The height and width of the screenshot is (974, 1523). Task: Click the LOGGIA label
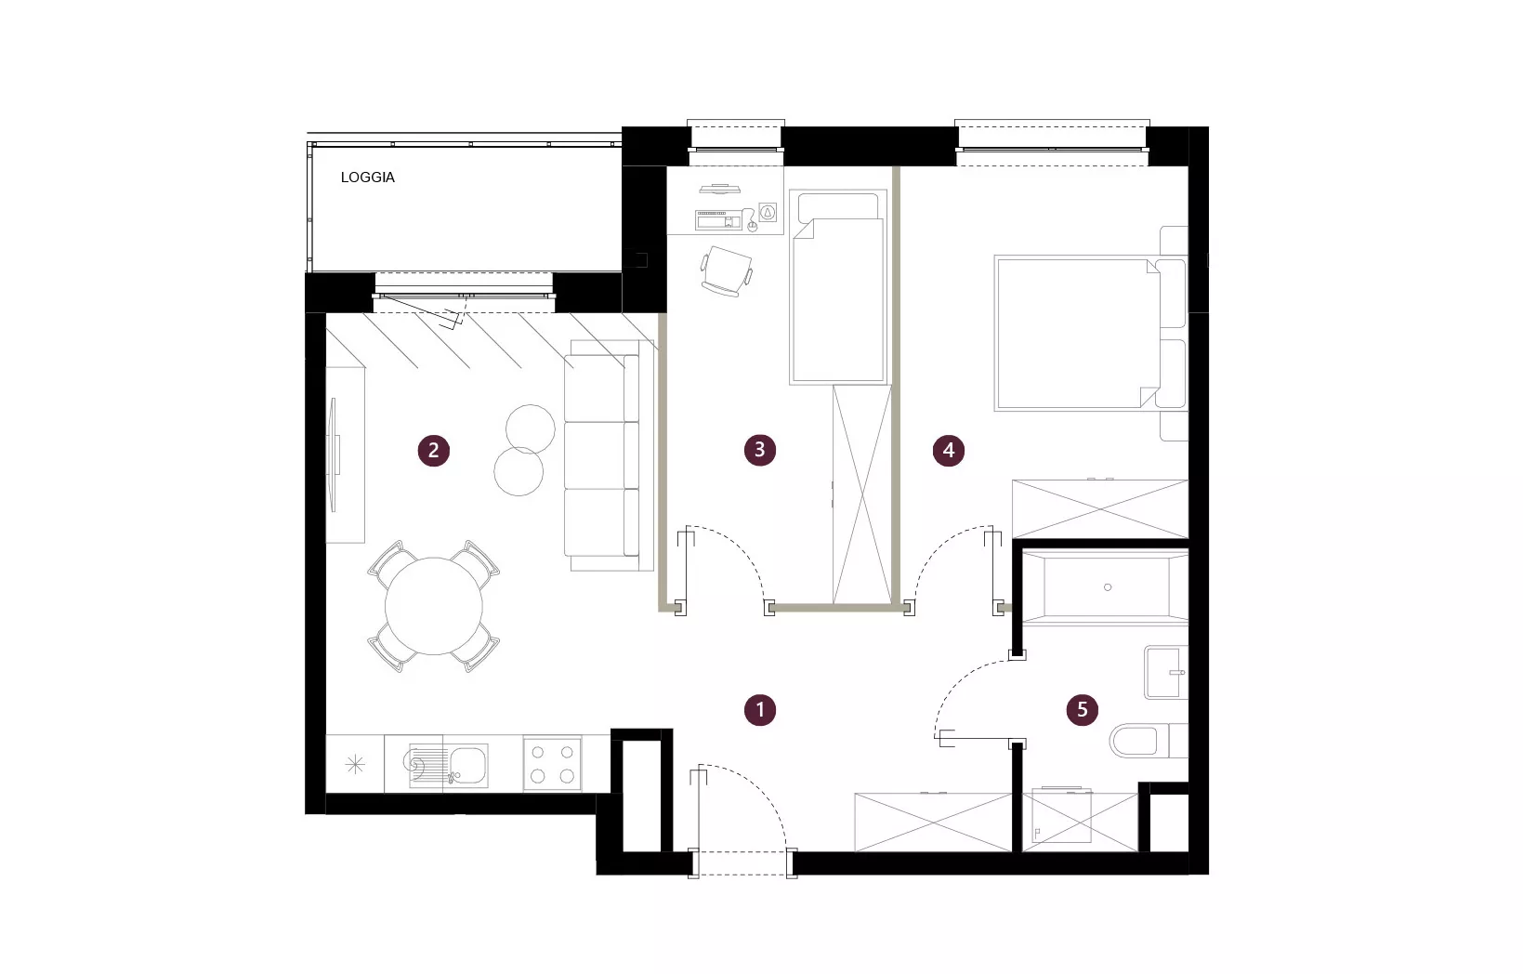tap(367, 178)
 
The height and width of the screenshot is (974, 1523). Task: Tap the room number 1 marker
tap(760, 710)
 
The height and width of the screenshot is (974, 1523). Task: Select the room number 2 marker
tap(434, 450)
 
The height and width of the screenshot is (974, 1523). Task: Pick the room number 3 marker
tap(760, 450)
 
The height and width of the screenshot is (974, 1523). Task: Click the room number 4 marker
tap(949, 450)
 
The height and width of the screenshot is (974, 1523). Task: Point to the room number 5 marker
tap(1083, 710)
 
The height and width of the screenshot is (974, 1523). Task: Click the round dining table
tap(434, 606)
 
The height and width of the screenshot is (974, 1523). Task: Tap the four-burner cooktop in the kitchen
tap(552, 765)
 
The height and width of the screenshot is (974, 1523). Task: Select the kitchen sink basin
tap(467, 765)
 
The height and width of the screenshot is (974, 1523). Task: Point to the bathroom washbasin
tap(1165, 672)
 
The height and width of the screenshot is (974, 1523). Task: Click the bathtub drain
tap(1108, 587)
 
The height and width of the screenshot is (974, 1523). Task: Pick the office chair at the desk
tap(727, 270)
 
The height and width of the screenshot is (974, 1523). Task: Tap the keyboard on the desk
tap(718, 219)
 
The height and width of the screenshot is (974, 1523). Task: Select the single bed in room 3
tap(838, 287)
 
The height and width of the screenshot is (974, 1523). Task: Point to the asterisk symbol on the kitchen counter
tap(355, 765)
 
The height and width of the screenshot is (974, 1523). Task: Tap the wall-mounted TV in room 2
tap(334, 454)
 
